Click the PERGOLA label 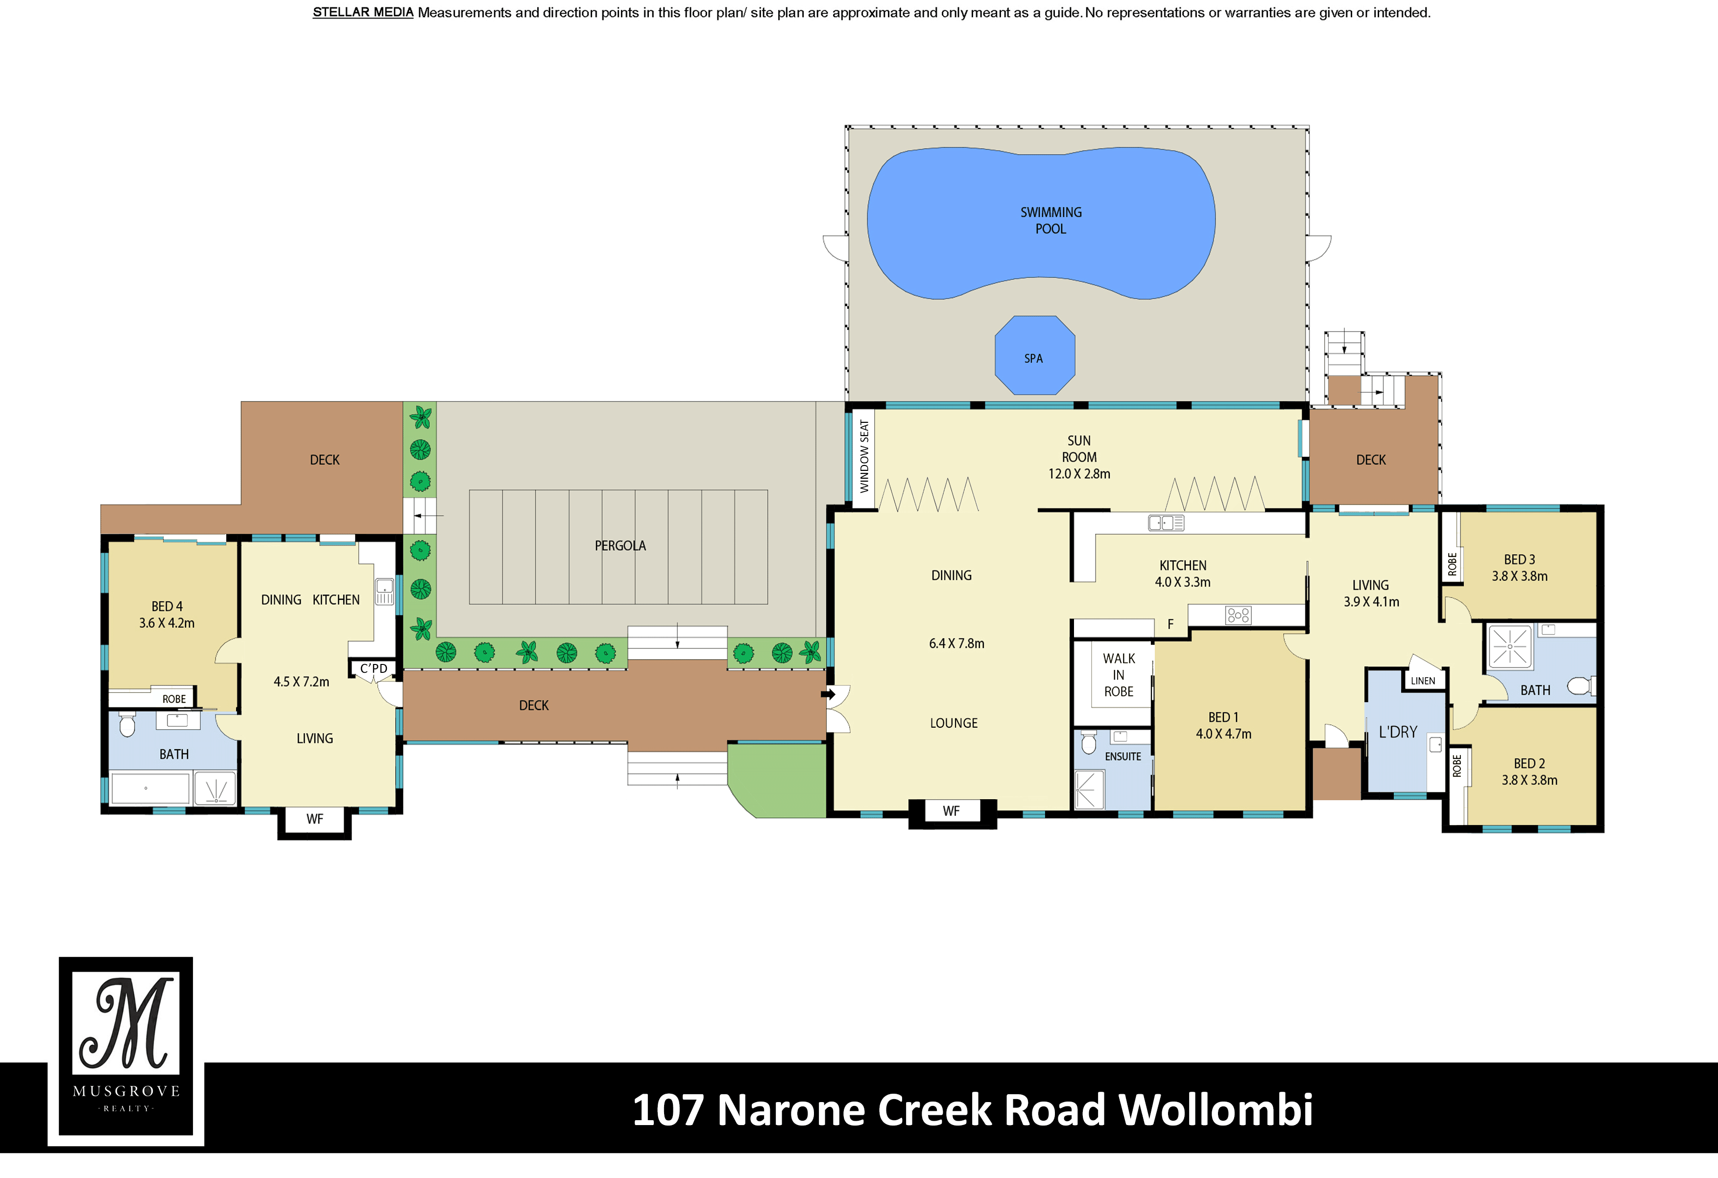620,546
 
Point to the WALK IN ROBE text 1119,674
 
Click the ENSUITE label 1122,757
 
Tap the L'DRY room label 1397,732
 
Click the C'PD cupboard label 373,668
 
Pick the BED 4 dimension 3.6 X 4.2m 167,623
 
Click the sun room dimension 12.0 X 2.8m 1078,474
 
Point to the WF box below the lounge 951,811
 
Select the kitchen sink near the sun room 1166,523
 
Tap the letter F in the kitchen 1170,625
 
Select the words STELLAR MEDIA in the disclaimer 362,13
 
